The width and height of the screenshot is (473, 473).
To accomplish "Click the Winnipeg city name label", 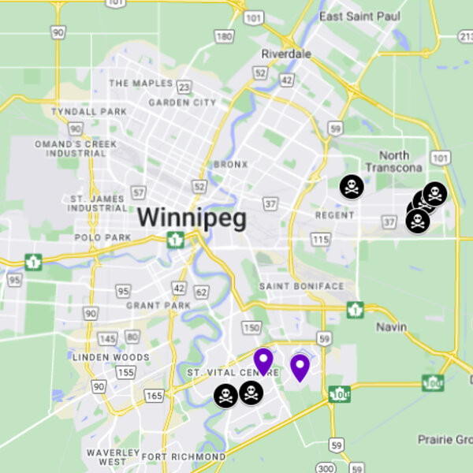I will (x=192, y=218).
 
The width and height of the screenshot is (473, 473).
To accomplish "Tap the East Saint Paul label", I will (x=355, y=17).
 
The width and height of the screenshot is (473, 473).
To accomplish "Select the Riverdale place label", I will (x=286, y=54).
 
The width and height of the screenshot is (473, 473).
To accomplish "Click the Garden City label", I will (x=182, y=102).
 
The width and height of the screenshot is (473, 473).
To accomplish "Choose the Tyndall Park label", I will (x=88, y=112).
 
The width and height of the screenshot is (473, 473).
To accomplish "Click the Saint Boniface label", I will (x=301, y=286).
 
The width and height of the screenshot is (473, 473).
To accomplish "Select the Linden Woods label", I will (x=110, y=357).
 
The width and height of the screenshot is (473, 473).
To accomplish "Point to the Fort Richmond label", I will (x=184, y=456).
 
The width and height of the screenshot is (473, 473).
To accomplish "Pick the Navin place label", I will (x=391, y=327).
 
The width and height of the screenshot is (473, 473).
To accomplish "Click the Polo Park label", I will (x=102, y=237).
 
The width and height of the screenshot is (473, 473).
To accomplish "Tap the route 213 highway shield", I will (x=465, y=35).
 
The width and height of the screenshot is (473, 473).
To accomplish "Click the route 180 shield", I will (x=225, y=36).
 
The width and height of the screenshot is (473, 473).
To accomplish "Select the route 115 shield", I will (x=320, y=239).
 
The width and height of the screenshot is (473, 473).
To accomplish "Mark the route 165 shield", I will (x=154, y=394).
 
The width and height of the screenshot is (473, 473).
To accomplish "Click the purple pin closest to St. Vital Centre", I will (x=263, y=362).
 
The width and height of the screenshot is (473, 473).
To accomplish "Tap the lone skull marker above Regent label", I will (x=352, y=187).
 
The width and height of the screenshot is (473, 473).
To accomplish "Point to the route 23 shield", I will (x=184, y=88).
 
